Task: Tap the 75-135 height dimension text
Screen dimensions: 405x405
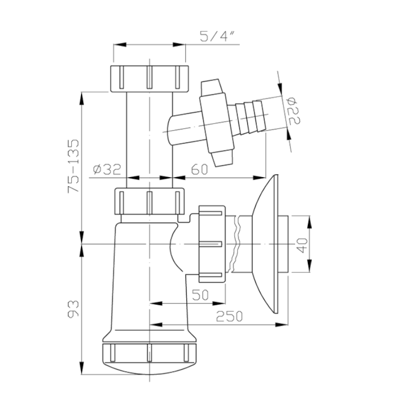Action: tap(73, 166)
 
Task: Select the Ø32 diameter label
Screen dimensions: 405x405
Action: tap(107, 170)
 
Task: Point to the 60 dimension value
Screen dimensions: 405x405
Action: tap(199, 170)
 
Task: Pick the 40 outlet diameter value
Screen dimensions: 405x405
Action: tap(302, 245)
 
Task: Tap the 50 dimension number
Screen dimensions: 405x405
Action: tap(200, 295)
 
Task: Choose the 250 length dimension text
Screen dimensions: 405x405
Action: tap(229, 316)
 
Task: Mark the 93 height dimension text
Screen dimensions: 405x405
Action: tap(73, 309)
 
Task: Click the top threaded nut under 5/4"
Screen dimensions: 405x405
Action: tap(149, 79)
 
